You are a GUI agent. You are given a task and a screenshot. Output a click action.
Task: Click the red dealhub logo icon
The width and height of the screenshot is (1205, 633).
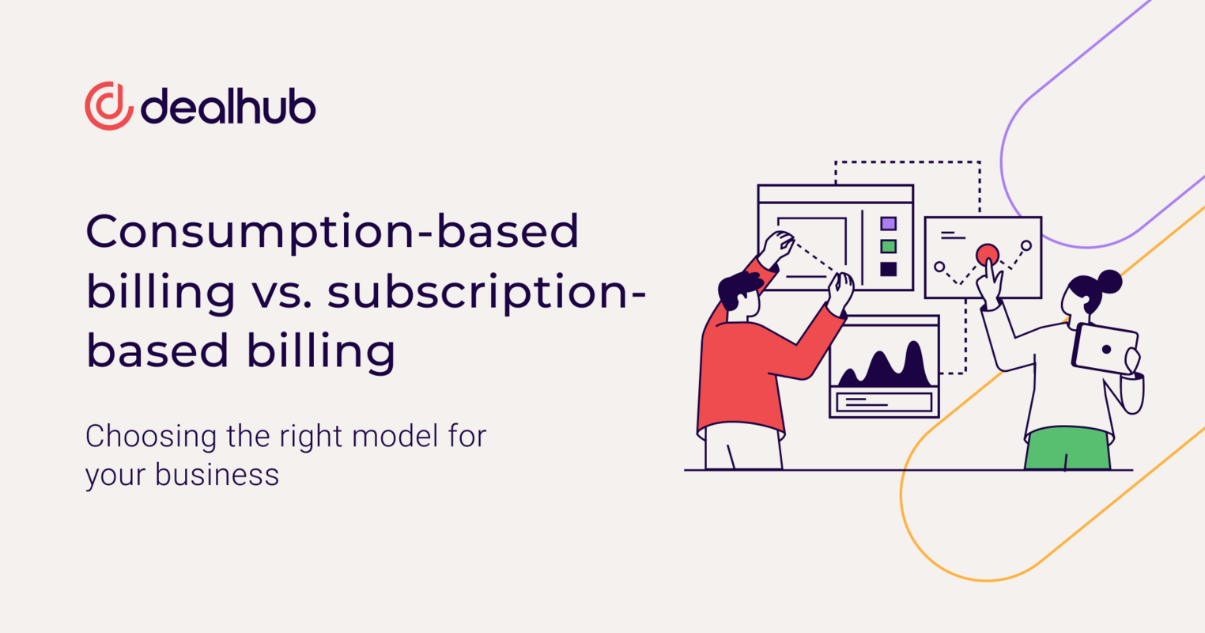pos(109,106)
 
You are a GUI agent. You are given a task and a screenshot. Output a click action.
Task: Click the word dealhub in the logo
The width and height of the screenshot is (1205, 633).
pos(228,107)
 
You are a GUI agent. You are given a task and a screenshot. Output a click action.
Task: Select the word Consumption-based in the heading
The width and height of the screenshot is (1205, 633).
pos(332,232)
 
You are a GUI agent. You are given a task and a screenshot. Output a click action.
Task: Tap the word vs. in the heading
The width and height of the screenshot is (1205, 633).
pos(281,291)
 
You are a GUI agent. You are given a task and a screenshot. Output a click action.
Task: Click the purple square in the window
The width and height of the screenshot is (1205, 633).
pos(889,224)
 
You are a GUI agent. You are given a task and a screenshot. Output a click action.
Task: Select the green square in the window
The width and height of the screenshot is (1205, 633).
pos(889,246)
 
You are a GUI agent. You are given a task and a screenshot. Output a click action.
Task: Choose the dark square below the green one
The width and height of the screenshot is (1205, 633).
pos(889,269)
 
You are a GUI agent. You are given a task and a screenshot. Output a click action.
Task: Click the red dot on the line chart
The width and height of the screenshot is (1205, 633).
pos(988,255)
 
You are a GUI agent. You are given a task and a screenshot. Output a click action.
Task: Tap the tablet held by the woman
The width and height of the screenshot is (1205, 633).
pos(1105,348)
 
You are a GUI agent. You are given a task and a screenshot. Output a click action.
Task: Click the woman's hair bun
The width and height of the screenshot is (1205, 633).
pos(1110,281)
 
